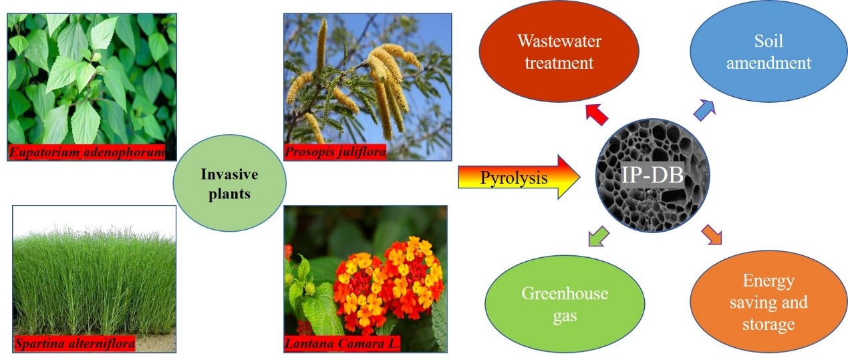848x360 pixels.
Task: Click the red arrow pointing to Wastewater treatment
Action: click(597, 114)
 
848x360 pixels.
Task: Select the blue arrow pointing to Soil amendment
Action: click(704, 110)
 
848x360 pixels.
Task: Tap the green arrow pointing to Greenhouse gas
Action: click(599, 236)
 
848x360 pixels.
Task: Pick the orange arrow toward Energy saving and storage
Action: click(711, 234)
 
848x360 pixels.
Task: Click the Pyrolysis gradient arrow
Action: click(519, 177)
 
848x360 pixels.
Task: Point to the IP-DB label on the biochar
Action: click(652, 175)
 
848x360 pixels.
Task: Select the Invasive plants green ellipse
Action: click(229, 183)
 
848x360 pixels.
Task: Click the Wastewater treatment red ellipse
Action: click(559, 51)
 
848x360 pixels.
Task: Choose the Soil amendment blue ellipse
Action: click(768, 51)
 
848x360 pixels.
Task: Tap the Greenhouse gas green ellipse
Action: click(565, 304)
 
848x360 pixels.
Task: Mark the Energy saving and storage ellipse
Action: click(768, 302)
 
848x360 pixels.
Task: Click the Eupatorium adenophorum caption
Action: click(87, 152)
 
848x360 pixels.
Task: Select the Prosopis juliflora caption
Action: click(335, 152)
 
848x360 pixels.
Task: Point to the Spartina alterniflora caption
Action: click(75, 343)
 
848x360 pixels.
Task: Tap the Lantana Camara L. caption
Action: click(342, 343)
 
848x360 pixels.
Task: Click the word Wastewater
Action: click(559, 41)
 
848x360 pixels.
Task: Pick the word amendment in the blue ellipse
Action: click(768, 63)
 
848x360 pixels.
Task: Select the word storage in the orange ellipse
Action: click(768, 325)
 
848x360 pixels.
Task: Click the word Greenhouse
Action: click(565, 293)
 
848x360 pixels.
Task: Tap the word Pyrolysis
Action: click(514, 178)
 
